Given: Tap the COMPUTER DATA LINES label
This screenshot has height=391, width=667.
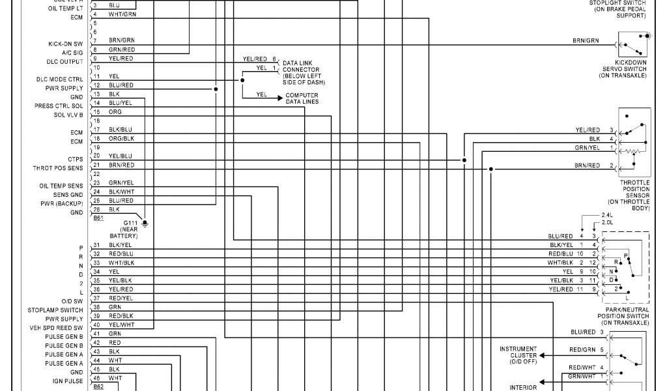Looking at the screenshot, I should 302,98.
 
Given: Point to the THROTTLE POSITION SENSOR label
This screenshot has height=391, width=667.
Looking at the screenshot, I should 634,195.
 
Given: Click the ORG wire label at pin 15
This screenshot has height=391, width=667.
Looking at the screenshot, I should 115,111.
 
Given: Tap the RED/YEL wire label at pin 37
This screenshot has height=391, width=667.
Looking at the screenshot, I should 121,297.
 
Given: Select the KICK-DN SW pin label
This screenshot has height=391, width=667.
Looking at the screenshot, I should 65,44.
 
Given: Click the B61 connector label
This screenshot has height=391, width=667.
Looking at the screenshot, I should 98,218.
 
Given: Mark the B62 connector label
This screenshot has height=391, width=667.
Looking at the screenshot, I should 98,386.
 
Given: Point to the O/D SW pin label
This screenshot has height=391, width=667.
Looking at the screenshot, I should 72,301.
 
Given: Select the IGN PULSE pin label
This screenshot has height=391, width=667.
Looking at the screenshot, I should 68,381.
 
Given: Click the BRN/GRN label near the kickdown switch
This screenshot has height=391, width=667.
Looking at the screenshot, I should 586,40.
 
